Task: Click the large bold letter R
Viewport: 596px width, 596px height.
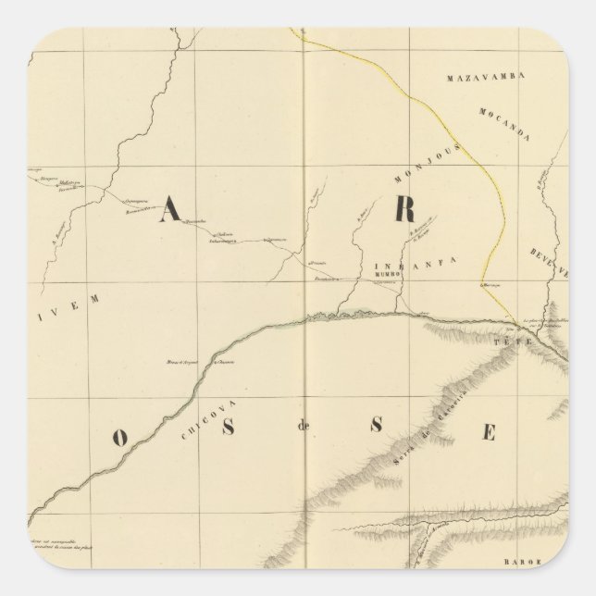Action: click(404, 211)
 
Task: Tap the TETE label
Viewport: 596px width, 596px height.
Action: click(513, 341)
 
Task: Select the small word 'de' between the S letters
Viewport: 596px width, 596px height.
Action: click(302, 428)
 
